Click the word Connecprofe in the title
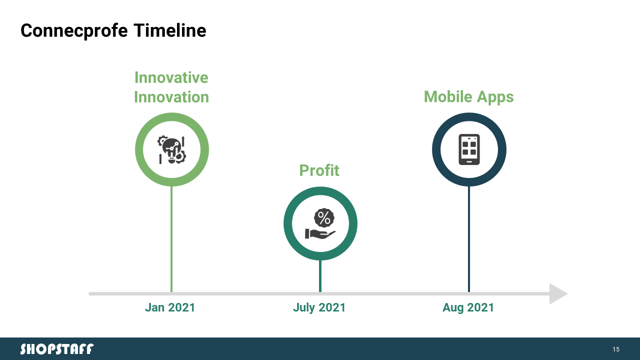pyautogui.click(x=74, y=30)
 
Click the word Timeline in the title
pyautogui.click(x=169, y=30)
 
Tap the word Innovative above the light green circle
pyautogui.click(x=171, y=77)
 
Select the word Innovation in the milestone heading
pyautogui.click(x=171, y=97)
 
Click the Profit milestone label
pyautogui.click(x=319, y=170)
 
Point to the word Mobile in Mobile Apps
pyautogui.click(x=448, y=96)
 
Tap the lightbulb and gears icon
pyautogui.click(x=171, y=149)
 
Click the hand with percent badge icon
pyautogui.click(x=320, y=223)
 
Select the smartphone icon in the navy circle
pyautogui.click(x=469, y=149)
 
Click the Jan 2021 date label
pyautogui.click(x=170, y=307)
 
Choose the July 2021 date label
pyautogui.click(x=319, y=308)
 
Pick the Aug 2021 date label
pyautogui.click(x=468, y=308)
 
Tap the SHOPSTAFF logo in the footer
pyautogui.click(x=57, y=349)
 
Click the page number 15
pyautogui.click(x=616, y=349)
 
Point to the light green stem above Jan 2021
pyautogui.click(x=171, y=239)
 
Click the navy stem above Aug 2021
pyautogui.click(x=469, y=239)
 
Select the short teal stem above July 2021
pyautogui.click(x=320, y=276)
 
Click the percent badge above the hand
pyautogui.click(x=324, y=218)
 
